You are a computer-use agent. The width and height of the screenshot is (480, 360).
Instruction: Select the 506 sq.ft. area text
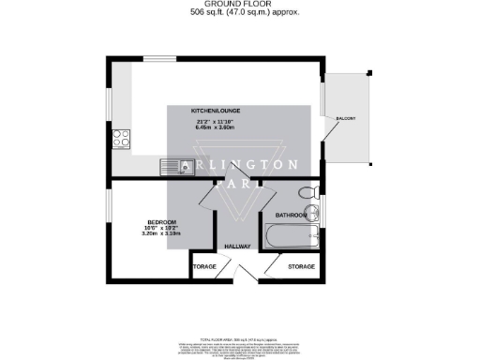point(239,15)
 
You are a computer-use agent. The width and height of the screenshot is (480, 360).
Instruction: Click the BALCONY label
point(345,117)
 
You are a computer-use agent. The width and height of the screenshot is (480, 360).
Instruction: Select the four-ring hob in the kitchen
point(120,139)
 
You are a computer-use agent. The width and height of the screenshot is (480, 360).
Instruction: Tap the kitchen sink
point(172,168)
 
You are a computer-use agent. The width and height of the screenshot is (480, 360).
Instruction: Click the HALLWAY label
point(236,247)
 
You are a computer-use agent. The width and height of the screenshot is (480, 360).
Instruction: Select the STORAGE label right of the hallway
point(301,267)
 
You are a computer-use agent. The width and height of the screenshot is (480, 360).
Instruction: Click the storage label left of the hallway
point(204,267)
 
